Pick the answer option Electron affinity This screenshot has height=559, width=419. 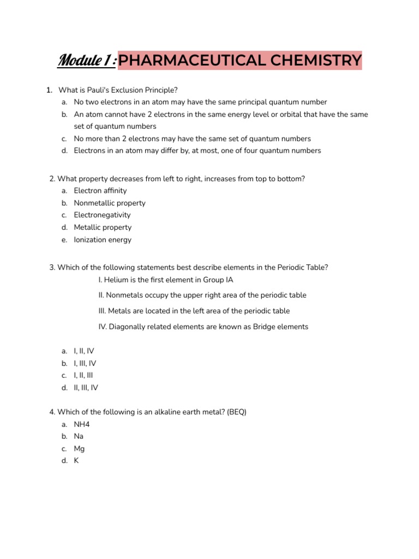[x=100, y=191]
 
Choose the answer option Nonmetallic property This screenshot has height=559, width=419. [x=110, y=203]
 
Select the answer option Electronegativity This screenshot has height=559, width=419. [x=103, y=215]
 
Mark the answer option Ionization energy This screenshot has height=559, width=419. [x=103, y=240]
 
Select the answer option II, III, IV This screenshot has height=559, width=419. [x=86, y=388]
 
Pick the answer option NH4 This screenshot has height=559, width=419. [x=82, y=424]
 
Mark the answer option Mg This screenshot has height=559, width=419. [x=80, y=449]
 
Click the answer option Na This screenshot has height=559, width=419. [x=79, y=436]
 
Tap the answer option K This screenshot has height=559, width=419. [x=76, y=461]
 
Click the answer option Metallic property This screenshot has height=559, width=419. [x=103, y=228]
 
